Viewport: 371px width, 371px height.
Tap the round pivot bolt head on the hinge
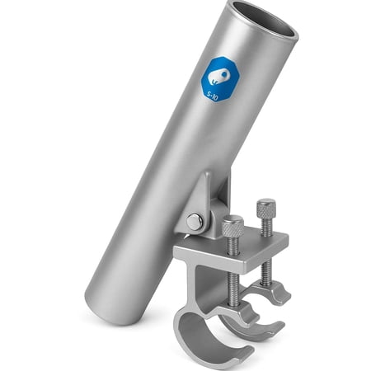pos(194,221)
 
